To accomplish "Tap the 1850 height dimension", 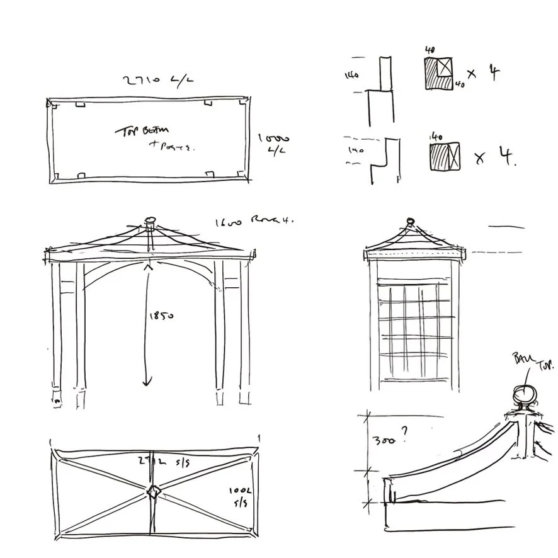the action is (x=161, y=316).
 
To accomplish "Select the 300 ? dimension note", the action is (x=385, y=439).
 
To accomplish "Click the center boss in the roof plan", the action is (x=154, y=492).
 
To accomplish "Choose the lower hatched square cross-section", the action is (x=444, y=156).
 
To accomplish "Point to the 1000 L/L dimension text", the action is (x=274, y=143).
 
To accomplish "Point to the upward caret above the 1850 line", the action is (x=149, y=267).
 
